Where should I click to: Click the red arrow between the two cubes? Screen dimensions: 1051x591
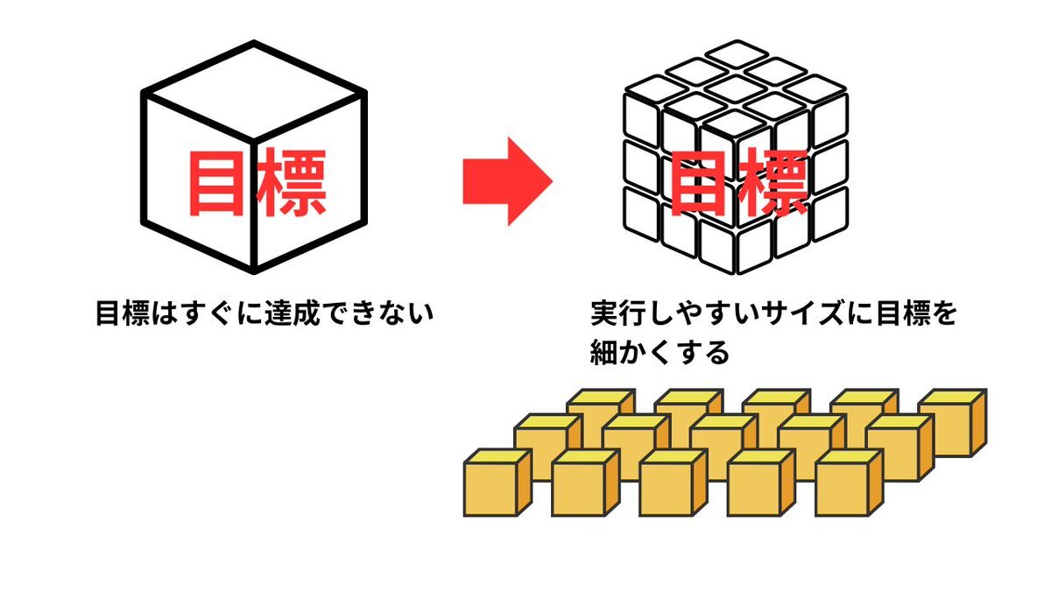[508, 181]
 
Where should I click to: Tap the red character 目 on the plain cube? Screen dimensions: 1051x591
[217, 183]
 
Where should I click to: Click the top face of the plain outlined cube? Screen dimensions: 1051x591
[254, 91]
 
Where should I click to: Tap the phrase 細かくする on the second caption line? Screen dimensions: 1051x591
[660, 352]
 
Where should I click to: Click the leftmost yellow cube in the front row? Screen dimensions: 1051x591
[497, 483]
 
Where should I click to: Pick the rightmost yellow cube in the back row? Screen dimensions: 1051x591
[953, 423]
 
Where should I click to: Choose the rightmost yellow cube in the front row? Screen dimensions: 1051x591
[850, 483]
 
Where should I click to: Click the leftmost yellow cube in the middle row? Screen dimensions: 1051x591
[548, 447]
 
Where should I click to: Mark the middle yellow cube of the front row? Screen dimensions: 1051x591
[674, 483]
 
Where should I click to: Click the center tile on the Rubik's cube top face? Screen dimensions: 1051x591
[736, 88]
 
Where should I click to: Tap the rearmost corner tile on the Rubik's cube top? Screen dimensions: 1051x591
[736, 53]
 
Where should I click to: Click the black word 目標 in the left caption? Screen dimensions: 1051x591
[123, 313]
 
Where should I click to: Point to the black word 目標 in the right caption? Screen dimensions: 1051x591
[904, 313]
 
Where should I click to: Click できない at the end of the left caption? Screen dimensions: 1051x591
[379, 313]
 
